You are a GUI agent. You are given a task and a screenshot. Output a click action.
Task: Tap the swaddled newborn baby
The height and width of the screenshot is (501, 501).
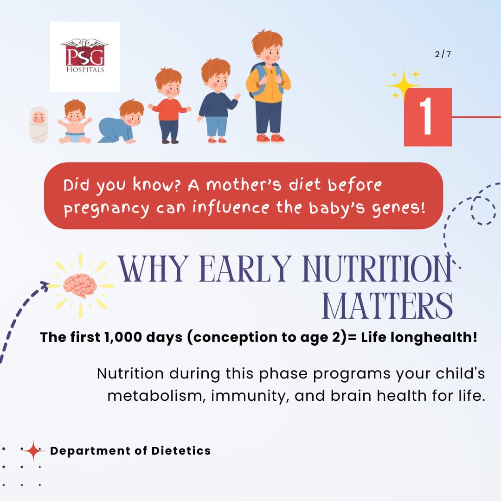click(39, 125)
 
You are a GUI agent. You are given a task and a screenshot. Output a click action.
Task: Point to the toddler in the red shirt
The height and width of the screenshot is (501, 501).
click(169, 106)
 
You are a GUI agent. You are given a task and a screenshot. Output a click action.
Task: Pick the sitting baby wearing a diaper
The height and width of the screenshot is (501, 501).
click(75, 122)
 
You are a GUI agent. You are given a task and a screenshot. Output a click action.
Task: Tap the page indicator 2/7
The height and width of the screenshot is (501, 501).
click(443, 54)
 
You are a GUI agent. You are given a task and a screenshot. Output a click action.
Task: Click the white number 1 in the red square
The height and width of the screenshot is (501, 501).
click(426, 116)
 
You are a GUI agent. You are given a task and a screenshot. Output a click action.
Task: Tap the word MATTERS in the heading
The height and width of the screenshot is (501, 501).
click(387, 306)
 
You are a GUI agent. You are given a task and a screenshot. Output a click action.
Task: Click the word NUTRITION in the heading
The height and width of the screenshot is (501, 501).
click(378, 269)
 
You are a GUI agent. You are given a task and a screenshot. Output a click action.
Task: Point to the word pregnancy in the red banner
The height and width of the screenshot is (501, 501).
click(106, 209)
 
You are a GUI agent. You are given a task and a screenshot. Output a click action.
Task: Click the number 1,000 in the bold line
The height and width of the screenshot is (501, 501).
click(123, 337)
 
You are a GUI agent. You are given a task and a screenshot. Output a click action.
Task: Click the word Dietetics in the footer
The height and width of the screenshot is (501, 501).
click(181, 450)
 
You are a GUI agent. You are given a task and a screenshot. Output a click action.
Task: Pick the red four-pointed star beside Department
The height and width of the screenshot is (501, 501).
click(33, 450)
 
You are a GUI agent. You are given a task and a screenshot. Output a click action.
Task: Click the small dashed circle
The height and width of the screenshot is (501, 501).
click(483, 210)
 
